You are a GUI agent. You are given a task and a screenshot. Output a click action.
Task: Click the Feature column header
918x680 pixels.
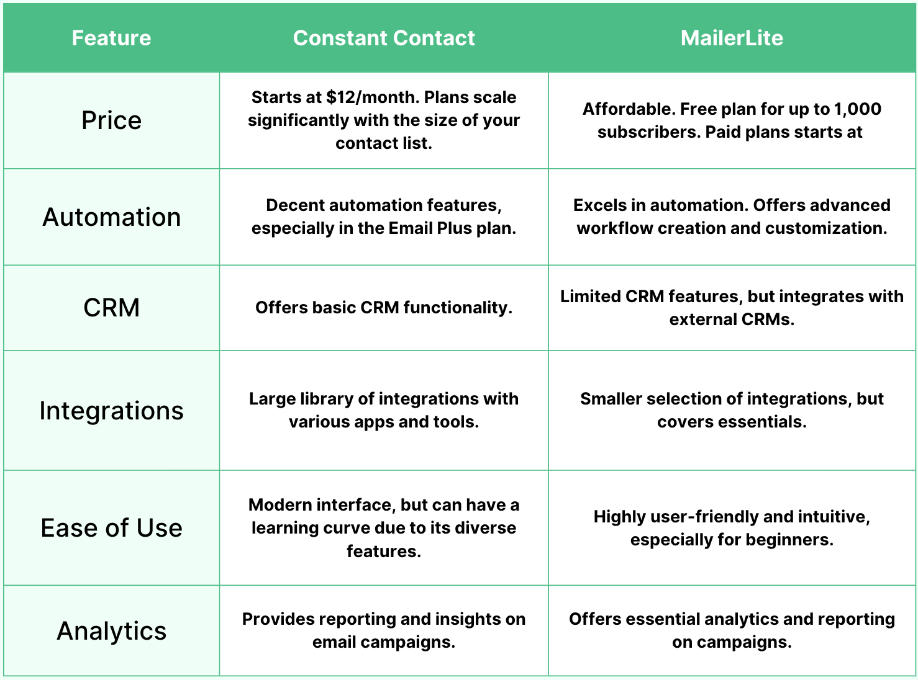(x=111, y=38)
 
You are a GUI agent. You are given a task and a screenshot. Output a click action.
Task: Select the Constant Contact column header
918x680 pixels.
(x=384, y=38)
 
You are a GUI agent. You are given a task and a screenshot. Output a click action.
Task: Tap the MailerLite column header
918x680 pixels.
(x=732, y=38)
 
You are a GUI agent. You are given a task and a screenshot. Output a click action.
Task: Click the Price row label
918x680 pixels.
(x=111, y=120)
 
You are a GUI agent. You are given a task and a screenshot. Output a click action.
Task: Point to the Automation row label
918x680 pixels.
(x=111, y=217)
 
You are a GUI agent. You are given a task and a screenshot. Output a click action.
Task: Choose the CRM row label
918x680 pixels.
(x=111, y=308)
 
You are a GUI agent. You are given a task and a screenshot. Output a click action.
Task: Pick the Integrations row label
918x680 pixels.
(x=111, y=411)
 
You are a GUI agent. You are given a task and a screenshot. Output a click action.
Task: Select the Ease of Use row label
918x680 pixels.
(x=111, y=528)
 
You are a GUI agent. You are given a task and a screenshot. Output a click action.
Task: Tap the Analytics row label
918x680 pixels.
(x=111, y=631)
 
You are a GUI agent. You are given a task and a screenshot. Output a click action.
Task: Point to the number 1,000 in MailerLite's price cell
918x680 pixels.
(x=858, y=109)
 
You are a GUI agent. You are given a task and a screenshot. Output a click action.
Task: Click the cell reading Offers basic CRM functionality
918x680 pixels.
(x=384, y=308)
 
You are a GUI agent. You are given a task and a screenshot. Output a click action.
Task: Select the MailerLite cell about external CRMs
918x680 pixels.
(x=732, y=308)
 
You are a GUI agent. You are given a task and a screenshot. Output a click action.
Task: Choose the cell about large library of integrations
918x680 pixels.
(x=384, y=410)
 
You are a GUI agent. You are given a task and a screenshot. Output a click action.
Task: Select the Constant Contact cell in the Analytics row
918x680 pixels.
(x=384, y=630)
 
